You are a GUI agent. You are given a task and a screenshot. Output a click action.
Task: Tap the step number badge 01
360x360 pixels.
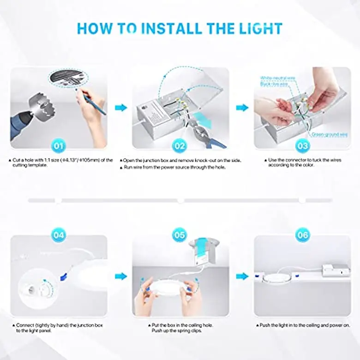click(59, 146)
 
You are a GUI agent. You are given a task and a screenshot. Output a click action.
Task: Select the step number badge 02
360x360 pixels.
click(180, 146)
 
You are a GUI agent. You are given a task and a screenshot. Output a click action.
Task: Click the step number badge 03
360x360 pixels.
click(302, 146)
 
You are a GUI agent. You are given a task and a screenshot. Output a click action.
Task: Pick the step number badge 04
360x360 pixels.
click(59, 235)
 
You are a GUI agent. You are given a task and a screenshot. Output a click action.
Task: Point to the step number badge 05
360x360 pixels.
click(180, 235)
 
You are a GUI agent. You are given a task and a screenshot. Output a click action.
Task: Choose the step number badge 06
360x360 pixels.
click(302, 235)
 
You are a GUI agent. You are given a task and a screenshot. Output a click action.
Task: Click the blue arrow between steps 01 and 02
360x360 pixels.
click(120, 108)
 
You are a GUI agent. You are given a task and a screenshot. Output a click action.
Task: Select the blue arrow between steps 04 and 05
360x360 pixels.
click(120, 276)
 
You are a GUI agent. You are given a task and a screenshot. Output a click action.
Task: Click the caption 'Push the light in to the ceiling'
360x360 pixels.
click(302, 325)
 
